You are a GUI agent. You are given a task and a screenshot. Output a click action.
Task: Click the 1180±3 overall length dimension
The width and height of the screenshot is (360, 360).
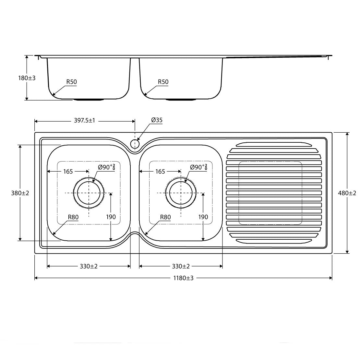(x=183, y=278)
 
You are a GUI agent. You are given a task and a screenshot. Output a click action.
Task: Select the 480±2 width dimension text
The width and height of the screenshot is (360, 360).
(x=347, y=193)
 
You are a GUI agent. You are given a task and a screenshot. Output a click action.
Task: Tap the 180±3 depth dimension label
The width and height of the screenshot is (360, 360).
(x=27, y=78)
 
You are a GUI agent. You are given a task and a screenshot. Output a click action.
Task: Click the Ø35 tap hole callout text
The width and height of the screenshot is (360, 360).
(x=157, y=120)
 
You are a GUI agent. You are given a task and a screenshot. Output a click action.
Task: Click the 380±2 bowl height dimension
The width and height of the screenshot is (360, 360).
(x=20, y=193)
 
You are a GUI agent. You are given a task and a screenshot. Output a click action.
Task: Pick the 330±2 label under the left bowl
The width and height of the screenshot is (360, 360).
(x=89, y=266)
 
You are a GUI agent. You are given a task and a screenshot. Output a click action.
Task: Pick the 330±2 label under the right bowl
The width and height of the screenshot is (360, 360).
(x=181, y=266)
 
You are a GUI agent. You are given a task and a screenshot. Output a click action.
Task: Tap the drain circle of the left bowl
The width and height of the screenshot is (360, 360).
(x=89, y=193)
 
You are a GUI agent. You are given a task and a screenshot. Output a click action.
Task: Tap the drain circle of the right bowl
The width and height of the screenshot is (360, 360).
(x=181, y=193)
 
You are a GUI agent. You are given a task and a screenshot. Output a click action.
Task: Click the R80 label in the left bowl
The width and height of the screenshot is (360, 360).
(x=73, y=217)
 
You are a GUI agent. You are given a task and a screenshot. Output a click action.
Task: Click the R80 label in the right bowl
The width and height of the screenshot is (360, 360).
(x=165, y=217)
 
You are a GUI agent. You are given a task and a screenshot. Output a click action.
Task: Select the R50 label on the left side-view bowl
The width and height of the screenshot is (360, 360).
(x=71, y=82)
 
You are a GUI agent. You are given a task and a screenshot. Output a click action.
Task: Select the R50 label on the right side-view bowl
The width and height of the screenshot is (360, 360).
(x=163, y=82)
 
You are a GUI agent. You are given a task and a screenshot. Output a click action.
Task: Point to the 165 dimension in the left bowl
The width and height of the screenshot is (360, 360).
(x=68, y=172)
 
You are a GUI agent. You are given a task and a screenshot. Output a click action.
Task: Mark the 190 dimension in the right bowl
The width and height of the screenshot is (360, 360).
(x=203, y=217)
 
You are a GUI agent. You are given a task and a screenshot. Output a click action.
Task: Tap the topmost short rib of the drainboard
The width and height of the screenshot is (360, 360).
(x=274, y=144)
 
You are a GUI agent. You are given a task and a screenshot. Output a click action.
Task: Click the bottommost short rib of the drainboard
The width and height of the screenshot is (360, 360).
(x=274, y=241)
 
